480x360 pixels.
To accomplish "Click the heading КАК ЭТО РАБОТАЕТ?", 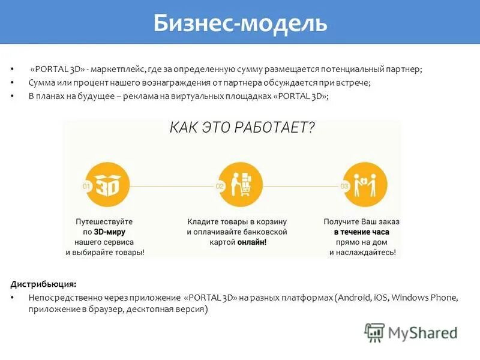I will coord(242,128).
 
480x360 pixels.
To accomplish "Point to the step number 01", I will coord(86,187).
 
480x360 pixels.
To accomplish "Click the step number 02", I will coord(220,187).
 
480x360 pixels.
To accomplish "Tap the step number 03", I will coord(344,187).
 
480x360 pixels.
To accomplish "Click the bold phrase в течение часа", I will coord(362,232).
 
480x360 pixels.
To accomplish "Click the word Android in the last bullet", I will coord(354,298).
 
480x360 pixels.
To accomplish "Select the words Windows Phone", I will coord(426,298).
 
